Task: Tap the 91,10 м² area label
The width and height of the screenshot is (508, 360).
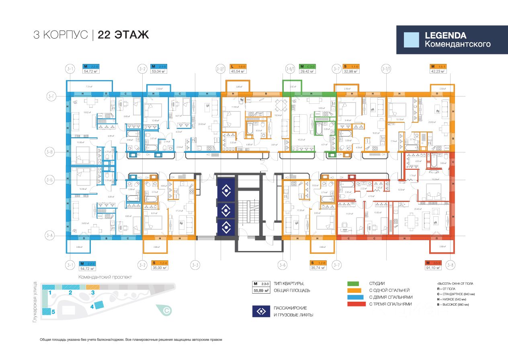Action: (433, 268)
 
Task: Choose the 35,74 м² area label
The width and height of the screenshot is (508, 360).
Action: (317, 268)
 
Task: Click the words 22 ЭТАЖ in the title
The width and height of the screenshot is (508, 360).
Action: (123, 35)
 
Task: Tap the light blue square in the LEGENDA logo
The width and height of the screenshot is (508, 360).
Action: (411, 40)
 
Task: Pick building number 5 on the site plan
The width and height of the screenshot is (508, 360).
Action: (53, 311)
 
